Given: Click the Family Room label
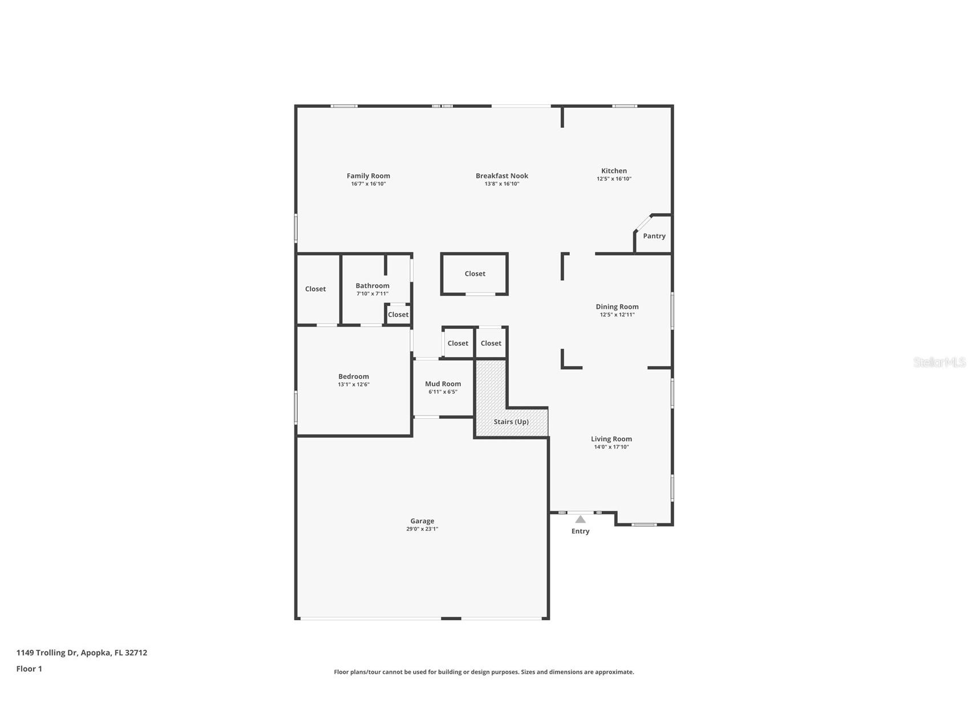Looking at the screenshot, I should (368, 176).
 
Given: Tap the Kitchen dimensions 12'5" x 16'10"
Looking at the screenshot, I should (614, 179).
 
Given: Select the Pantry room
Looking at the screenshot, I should (654, 236).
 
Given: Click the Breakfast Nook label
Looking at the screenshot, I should (501, 176).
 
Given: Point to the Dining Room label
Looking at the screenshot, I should (617, 307).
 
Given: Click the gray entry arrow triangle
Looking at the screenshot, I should (580, 519).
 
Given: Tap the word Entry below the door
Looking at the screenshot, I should (580, 531).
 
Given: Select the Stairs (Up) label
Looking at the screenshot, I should (511, 422).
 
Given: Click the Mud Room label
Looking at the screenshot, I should (443, 384).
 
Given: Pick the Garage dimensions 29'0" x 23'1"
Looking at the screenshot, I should (422, 529).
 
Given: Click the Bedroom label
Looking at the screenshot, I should (353, 377).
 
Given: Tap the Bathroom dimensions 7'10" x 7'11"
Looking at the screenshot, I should (372, 294).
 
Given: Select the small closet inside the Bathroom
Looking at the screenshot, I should (398, 315).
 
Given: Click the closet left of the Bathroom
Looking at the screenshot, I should (315, 289).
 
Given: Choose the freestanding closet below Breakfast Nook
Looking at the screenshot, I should (475, 274).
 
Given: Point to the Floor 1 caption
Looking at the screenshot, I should (29, 669).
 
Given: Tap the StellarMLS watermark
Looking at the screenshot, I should (939, 362).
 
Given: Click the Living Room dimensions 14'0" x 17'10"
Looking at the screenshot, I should (611, 447).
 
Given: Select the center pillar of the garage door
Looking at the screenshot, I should (451, 618).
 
